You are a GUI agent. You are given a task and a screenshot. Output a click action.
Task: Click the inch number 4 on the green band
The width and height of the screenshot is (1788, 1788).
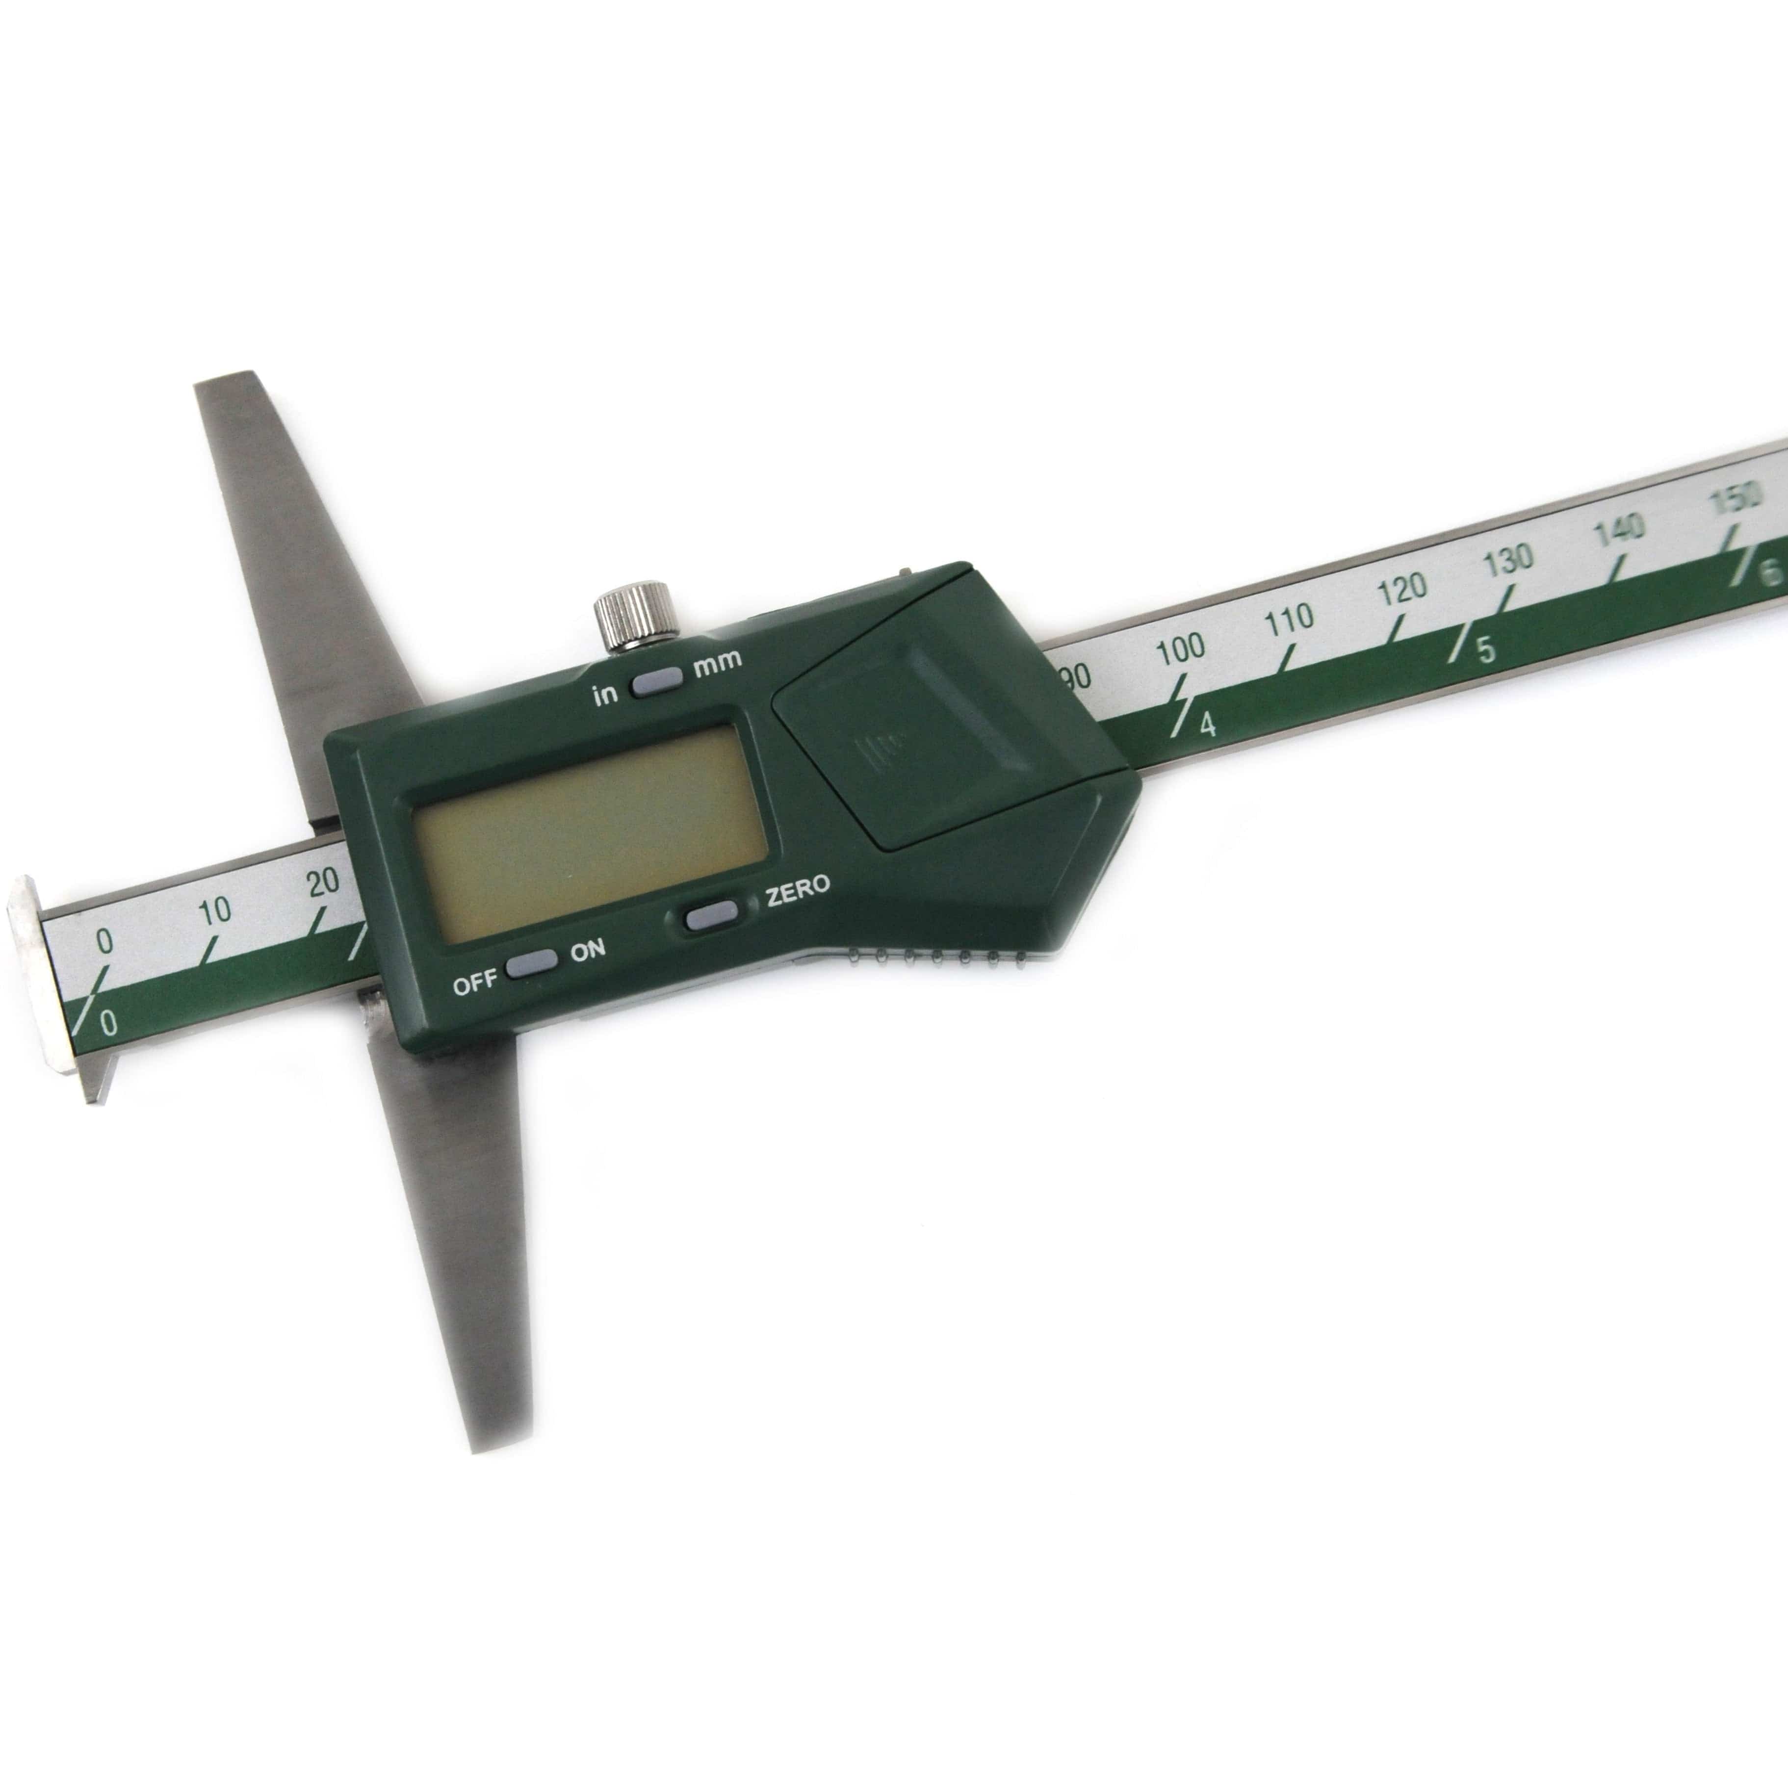click(1207, 726)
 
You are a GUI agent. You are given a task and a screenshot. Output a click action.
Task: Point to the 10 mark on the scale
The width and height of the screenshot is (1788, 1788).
click(215, 910)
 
